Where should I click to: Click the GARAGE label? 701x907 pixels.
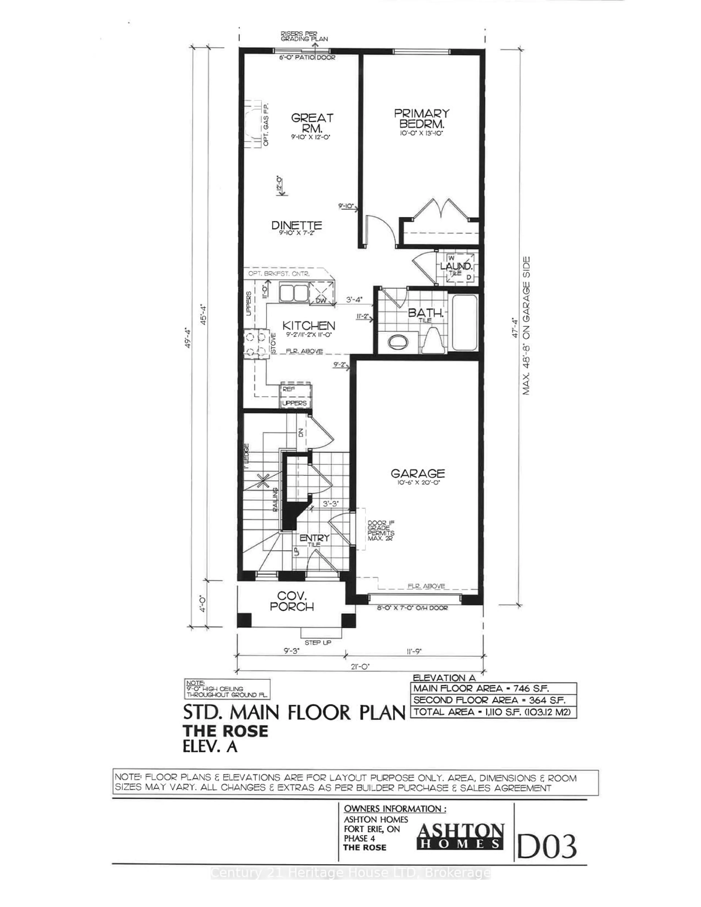[x=417, y=473]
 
